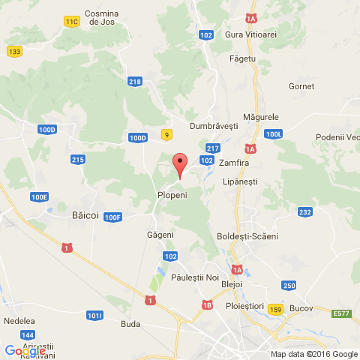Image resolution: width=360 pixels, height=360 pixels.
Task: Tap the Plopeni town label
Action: (172, 194)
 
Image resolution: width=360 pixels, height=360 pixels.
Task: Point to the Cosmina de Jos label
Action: (101, 18)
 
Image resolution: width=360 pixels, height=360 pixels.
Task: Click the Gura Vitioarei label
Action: (250, 34)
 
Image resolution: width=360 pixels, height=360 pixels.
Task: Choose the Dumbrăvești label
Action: (214, 126)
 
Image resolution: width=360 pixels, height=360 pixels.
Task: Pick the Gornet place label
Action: (301, 86)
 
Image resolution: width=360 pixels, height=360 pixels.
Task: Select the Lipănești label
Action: (240, 181)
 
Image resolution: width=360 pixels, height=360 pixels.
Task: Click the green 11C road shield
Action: (72, 22)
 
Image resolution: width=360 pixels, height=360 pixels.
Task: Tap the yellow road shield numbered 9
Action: (166, 133)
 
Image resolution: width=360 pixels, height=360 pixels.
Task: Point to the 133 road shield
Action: (14, 51)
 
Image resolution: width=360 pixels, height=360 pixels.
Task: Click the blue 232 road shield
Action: (304, 212)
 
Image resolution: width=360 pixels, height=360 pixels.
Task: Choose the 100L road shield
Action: (274, 133)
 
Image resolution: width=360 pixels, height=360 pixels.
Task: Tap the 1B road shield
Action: (207, 304)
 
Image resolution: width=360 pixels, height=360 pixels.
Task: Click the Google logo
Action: (24, 351)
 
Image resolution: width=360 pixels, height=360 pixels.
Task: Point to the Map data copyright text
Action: (313, 354)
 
